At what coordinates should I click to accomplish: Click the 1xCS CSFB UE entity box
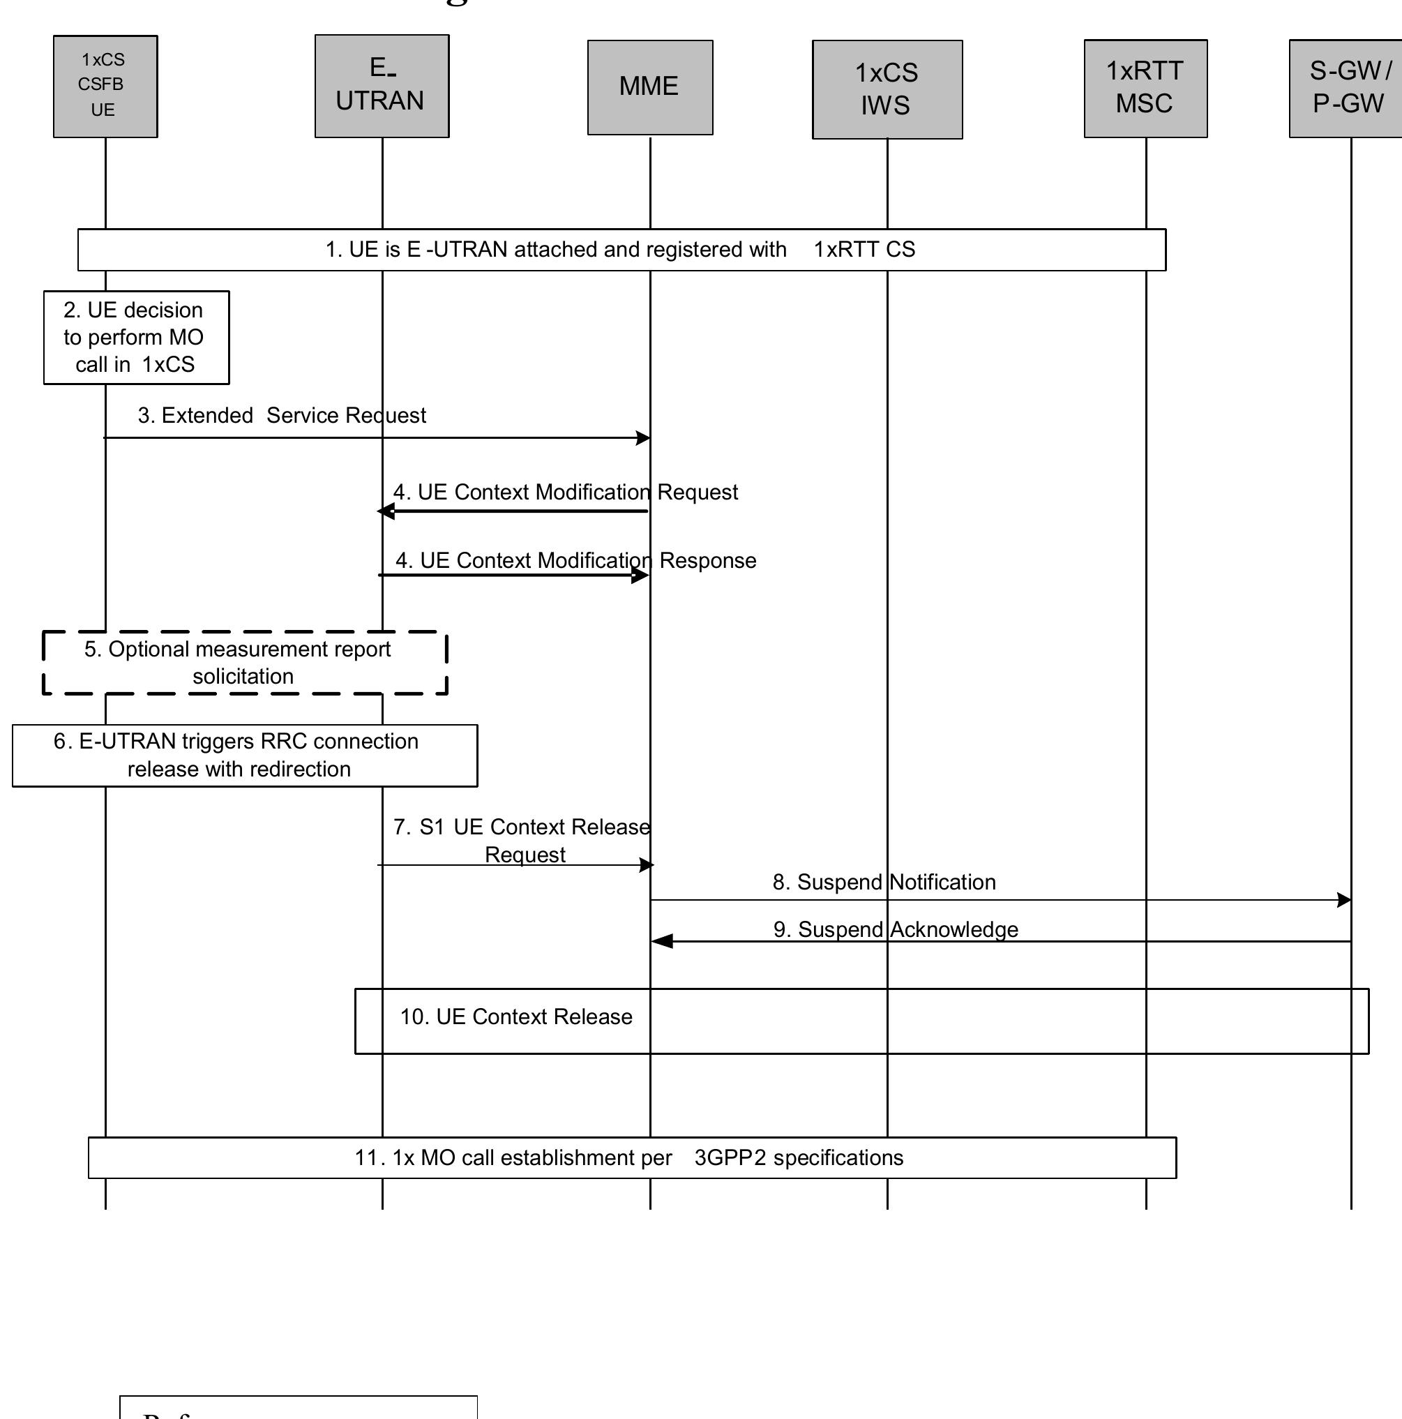tap(105, 86)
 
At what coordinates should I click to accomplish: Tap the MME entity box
tap(649, 87)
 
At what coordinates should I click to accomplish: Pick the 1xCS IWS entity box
tap(887, 89)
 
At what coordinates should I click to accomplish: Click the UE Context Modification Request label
tap(566, 492)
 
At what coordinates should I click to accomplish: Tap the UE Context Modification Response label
tap(575, 560)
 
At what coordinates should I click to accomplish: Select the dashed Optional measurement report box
tap(245, 662)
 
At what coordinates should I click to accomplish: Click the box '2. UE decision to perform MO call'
tap(136, 337)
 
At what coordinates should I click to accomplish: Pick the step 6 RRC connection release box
tap(245, 755)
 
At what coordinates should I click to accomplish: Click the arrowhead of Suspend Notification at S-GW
tap(1344, 900)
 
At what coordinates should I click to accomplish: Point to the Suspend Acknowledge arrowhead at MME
tap(661, 942)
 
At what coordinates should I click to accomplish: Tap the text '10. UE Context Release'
tap(515, 1016)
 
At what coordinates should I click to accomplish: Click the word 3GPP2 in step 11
tap(730, 1157)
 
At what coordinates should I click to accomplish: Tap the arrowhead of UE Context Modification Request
tap(386, 512)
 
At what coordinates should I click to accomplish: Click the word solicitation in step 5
tap(243, 677)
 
